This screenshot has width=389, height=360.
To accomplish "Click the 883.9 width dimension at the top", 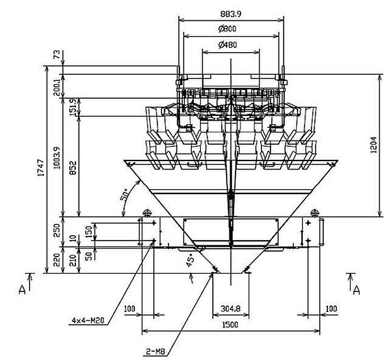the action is click(231, 14).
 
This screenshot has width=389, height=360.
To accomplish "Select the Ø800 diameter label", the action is click(227, 29).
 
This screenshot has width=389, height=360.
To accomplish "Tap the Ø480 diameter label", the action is click(227, 45).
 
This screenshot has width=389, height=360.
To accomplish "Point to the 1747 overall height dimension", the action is click(41, 168).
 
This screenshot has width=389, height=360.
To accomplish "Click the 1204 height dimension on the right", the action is click(374, 145).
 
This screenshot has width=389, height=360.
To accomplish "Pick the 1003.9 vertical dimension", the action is click(57, 158).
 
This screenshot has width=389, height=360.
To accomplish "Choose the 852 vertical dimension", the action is click(73, 168).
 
